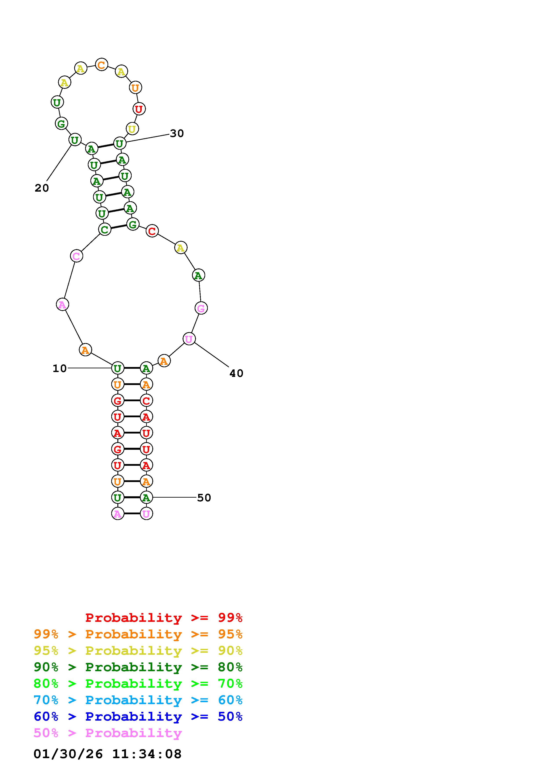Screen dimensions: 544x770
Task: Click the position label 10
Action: click(x=60, y=369)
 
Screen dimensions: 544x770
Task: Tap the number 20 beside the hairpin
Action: click(x=42, y=188)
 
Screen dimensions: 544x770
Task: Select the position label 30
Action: click(x=177, y=133)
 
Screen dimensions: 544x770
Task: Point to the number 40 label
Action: click(x=236, y=373)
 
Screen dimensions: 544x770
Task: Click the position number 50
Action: click(x=204, y=498)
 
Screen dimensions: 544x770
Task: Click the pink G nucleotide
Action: click(x=201, y=308)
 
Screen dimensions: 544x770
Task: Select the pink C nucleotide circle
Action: click(x=76, y=256)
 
